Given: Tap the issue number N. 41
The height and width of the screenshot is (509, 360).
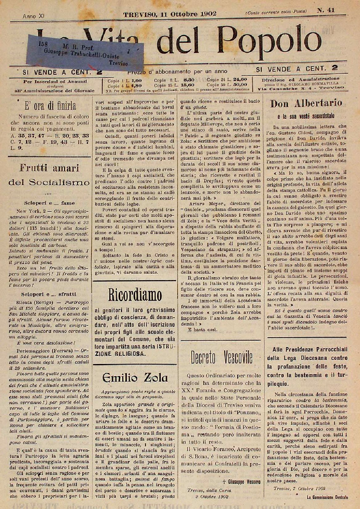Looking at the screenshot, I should [x=326, y=10].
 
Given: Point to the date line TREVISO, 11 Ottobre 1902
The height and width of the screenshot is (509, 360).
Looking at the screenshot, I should [x=170, y=14].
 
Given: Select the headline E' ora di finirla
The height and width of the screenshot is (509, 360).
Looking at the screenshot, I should [x=51, y=106].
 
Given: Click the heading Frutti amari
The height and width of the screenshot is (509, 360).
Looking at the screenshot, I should [x=49, y=168].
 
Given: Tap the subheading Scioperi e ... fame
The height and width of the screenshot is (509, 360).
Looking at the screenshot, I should [x=49, y=203].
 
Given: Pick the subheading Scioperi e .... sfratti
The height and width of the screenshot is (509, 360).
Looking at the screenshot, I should [x=49, y=294].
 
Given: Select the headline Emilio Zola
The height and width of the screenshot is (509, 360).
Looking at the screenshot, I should [x=135, y=378].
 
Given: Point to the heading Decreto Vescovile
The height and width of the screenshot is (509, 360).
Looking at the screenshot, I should [x=221, y=357].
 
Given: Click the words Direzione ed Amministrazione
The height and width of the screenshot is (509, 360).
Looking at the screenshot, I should [x=301, y=79].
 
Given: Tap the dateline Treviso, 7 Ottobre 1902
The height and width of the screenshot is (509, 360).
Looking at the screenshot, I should [x=295, y=488].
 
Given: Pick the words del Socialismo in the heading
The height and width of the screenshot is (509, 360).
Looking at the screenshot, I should [x=49, y=182].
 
